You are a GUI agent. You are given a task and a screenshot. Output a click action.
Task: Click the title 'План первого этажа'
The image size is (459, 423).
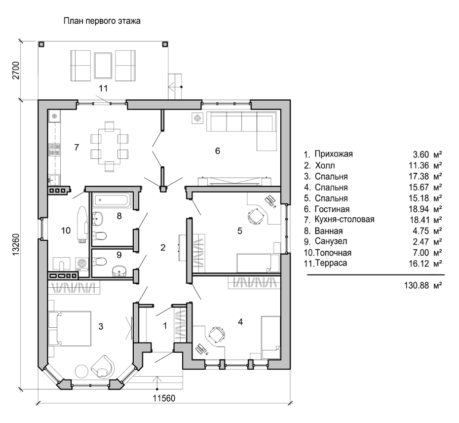point(102,21)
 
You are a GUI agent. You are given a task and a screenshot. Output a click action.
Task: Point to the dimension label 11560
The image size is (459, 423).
point(164,398)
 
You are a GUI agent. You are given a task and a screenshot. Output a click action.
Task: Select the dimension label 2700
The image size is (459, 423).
point(16,70)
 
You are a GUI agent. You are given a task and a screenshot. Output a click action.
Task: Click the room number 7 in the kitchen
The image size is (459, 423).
point(76,147)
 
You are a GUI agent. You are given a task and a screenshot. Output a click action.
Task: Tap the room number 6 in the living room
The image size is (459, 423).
point(218,151)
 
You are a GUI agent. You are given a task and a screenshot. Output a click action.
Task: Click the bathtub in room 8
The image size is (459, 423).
point(112,201)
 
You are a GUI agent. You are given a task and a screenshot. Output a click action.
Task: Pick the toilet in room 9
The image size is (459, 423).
point(99,261)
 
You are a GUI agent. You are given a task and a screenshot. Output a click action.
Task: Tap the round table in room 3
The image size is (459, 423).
point(81,372)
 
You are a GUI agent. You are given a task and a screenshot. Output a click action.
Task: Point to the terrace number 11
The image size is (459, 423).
point(103,88)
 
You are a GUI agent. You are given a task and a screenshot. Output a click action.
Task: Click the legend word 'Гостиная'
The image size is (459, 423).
point(332,209)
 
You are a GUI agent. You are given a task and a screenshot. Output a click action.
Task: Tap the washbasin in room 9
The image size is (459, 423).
point(119,271)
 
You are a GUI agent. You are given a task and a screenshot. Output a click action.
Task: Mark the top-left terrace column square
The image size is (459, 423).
point(41,44)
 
